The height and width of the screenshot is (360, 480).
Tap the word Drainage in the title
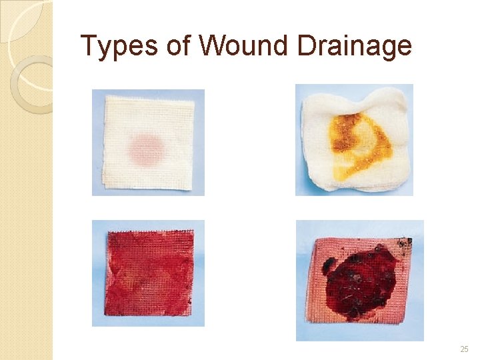click(354, 46)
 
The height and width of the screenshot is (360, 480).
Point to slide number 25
click(464, 349)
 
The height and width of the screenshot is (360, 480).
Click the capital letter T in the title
click(88, 46)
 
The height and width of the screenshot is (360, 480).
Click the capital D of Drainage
click(307, 46)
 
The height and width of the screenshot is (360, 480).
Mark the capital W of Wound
click(212, 46)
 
